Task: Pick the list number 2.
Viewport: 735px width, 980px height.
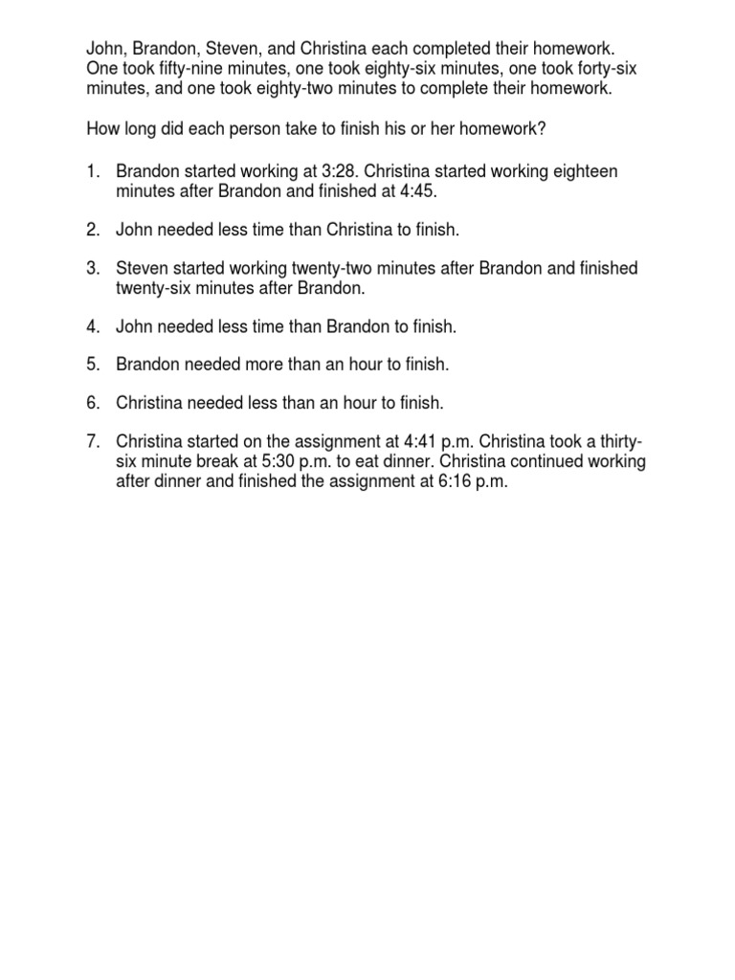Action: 93,229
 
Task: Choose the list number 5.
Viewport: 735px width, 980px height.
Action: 93,365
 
